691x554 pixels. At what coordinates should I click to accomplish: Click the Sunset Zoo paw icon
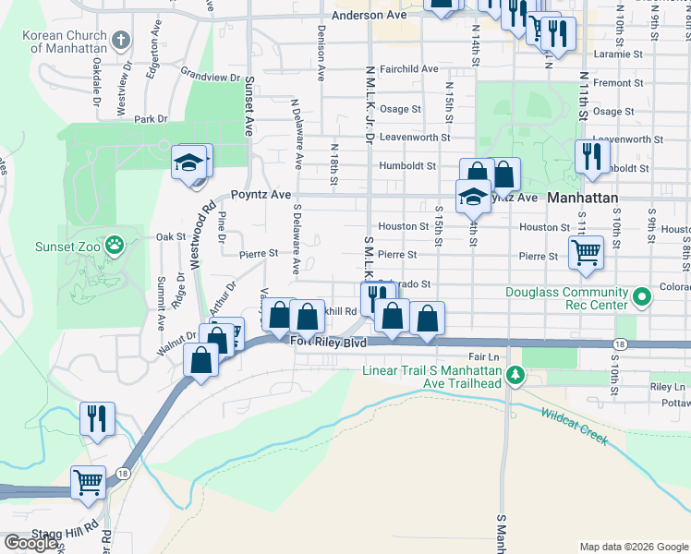click(x=114, y=245)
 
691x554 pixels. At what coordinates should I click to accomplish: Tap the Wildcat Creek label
click(x=575, y=428)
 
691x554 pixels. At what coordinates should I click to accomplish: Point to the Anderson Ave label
click(x=369, y=16)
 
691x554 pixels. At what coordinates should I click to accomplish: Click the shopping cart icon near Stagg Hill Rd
click(x=89, y=482)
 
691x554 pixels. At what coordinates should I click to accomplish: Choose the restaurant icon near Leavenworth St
click(x=591, y=156)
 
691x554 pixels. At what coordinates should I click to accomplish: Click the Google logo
click(x=30, y=542)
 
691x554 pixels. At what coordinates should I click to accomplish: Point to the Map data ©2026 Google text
click(x=634, y=547)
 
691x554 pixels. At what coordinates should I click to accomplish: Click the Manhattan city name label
click(x=581, y=198)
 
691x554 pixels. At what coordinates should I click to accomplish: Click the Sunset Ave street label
click(x=249, y=106)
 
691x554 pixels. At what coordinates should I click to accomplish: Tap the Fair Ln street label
click(x=483, y=355)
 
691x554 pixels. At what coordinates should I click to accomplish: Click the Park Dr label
click(x=151, y=119)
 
